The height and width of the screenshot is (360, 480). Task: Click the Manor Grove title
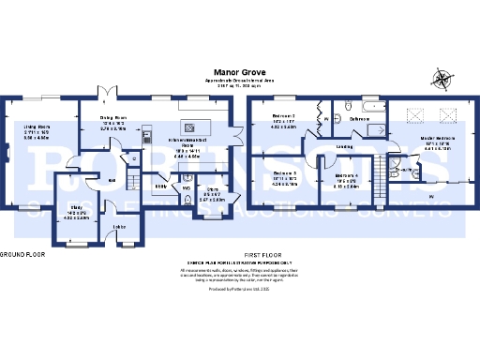(x=239, y=70)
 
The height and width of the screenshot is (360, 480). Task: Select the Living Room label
(x=37, y=126)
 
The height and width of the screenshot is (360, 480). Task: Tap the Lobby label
(x=120, y=226)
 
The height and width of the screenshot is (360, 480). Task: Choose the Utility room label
(x=160, y=187)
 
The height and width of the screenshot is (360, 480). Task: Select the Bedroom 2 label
(x=285, y=116)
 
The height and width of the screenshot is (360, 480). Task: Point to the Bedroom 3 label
(x=285, y=173)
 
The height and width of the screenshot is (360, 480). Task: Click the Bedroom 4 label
(x=346, y=175)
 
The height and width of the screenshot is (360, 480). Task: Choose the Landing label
(x=344, y=146)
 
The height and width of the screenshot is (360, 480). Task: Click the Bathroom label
(x=361, y=119)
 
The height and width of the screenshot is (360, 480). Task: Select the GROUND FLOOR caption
(x=22, y=254)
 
